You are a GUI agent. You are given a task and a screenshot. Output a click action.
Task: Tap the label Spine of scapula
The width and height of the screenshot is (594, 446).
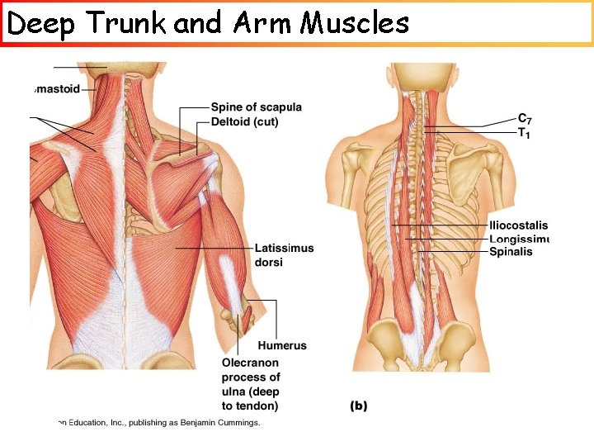pyautogui.click(x=256, y=107)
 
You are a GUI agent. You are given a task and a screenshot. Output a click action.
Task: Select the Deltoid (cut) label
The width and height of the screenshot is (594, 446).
pyautogui.click(x=244, y=121)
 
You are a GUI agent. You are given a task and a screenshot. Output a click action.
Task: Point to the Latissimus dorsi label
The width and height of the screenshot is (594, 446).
pyautogui.click(x=284, y=255)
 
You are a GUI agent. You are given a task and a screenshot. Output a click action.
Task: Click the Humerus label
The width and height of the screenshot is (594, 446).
pyautogui.click(x=281, y=346)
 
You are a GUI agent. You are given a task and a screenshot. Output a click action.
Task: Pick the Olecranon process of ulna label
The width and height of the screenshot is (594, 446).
pyautogui.click(x=251, y=384)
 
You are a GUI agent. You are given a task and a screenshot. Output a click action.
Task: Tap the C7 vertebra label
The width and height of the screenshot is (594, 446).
pyautogui.click(x=525, y=120)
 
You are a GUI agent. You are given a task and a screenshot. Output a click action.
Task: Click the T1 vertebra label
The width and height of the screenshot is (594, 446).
pyautogui.click(x=523, y=133)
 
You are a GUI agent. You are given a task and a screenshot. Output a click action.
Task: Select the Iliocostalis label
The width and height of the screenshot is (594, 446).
pyautogui.click(x=518, y=225)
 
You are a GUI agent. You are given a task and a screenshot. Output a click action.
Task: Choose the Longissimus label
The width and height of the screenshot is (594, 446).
pyautogui.click(x=519, y=240)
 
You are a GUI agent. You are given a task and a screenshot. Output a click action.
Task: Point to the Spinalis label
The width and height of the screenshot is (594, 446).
pyautogui.click(x=511, y=252)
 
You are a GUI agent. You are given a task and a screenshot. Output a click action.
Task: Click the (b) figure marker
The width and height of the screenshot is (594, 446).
pyautogui.click(x=359, y=406)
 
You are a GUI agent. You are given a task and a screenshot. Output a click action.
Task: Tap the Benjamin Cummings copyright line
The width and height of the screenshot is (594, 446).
pyautogui.click(x=157, y=423)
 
